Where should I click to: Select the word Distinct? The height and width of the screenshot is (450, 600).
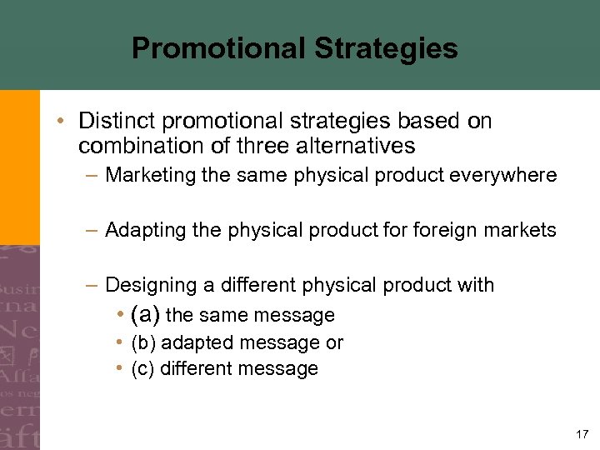[x=113, y=122]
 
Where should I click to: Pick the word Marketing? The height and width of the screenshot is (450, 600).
[x=147, y=176]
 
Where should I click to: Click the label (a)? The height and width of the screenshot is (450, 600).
[x=147, y=315]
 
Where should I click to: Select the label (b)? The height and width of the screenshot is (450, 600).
[x=143, y=342]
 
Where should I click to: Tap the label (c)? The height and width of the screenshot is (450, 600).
[x=143, y=368]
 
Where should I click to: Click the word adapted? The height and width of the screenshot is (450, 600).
[x=198, y=342]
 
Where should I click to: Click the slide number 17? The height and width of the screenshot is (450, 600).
[x=582, y=433]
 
